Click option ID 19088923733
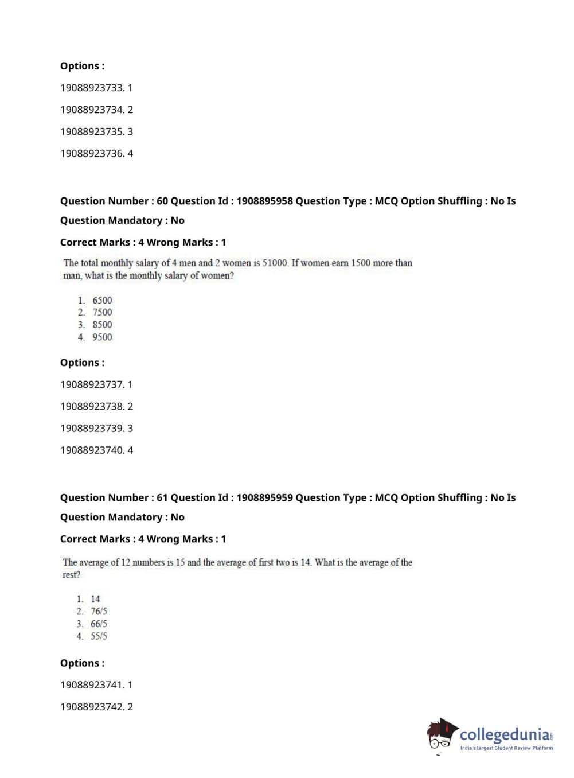[x=92, y=88]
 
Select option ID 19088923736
[x=92, y=153]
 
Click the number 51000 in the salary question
[x=275, y=263]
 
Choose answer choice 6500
[x=102, y=300]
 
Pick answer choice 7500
[x=102, y=312]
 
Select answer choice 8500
[x=102, y=325]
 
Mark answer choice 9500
[x=102, y=337]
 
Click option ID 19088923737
[x=92, y=384]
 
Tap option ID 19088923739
[x=92, y=428]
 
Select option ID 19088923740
[x=92, y=450]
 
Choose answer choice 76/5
[x=99, y=611]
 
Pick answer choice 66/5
[x=99, y=624]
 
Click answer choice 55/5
[x=99, y=636]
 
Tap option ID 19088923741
[x=92, y=684]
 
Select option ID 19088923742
[x=92, y=706]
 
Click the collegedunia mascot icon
[x=441, y=734]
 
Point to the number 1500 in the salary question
[x=360, y=263]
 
